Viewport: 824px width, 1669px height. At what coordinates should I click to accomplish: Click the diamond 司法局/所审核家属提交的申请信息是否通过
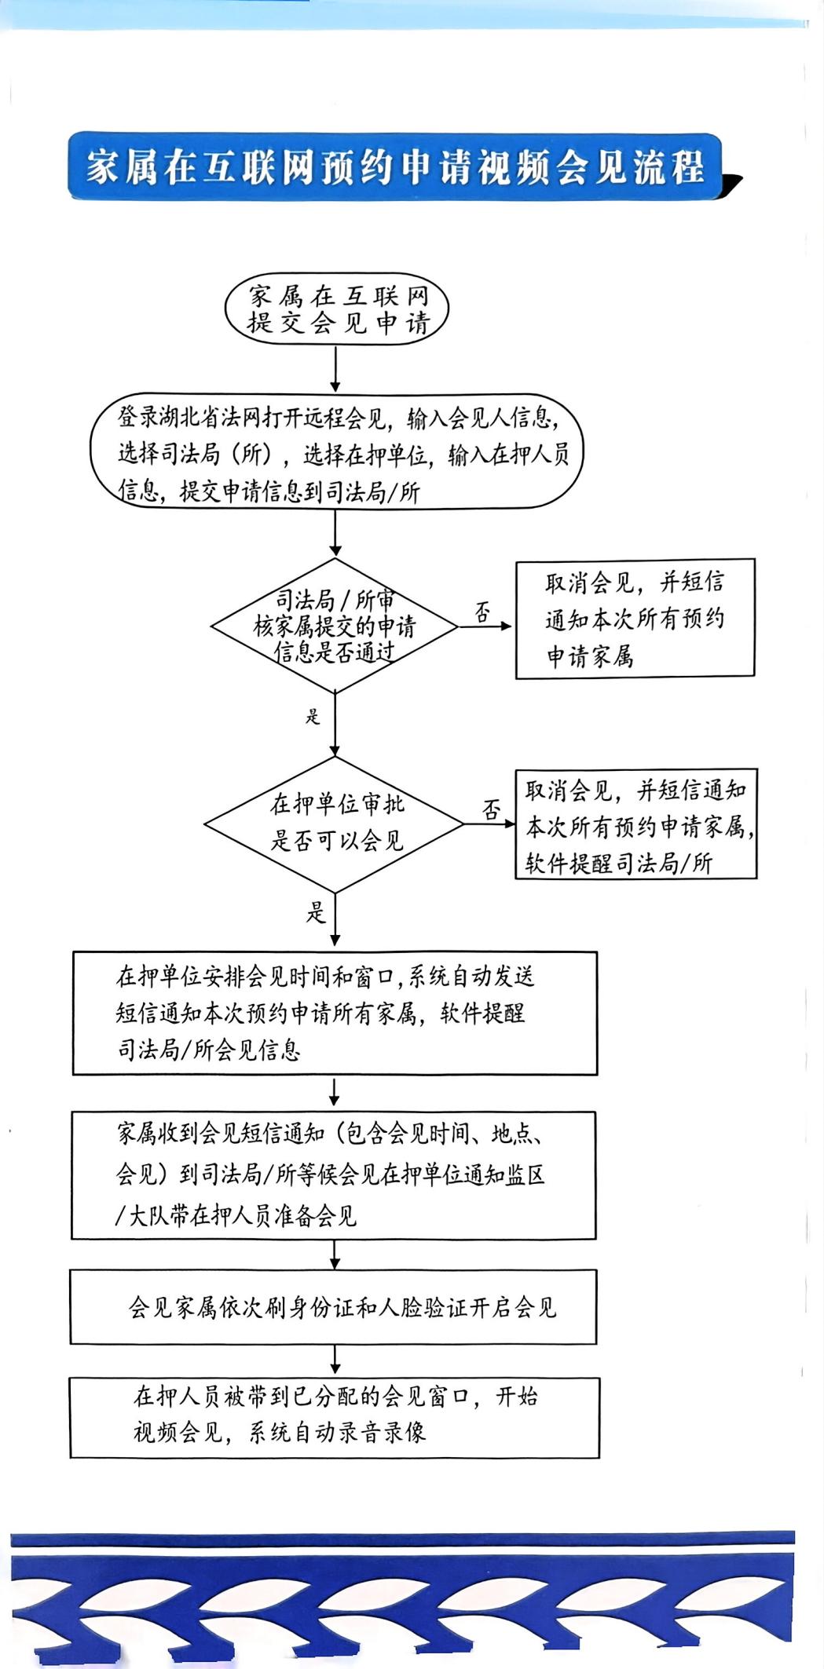tap(335, 626)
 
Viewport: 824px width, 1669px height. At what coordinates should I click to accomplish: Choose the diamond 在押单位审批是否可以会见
tap(335, 824)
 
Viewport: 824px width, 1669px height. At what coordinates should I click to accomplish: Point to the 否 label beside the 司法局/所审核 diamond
tap(482, 612)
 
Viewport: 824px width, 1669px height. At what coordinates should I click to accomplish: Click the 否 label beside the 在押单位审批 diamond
tap(492, 809)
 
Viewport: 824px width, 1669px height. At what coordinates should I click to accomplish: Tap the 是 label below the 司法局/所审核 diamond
tap(313, 716)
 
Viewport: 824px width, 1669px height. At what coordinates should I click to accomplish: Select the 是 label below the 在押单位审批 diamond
tap(316, 912)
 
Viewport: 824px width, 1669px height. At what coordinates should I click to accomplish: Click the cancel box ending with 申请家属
tap(635, 618)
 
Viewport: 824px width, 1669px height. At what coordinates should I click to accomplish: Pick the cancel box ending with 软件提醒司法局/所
tap(636, 824)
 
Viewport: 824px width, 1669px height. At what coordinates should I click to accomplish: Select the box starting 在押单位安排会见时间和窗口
tap(335, 1013)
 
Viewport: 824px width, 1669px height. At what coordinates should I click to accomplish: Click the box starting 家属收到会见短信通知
tap(334, 1175)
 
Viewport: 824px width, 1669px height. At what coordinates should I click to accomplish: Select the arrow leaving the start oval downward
tap(335, 368)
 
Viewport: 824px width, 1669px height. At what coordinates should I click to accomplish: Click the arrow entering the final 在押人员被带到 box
tap(335, 1360)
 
